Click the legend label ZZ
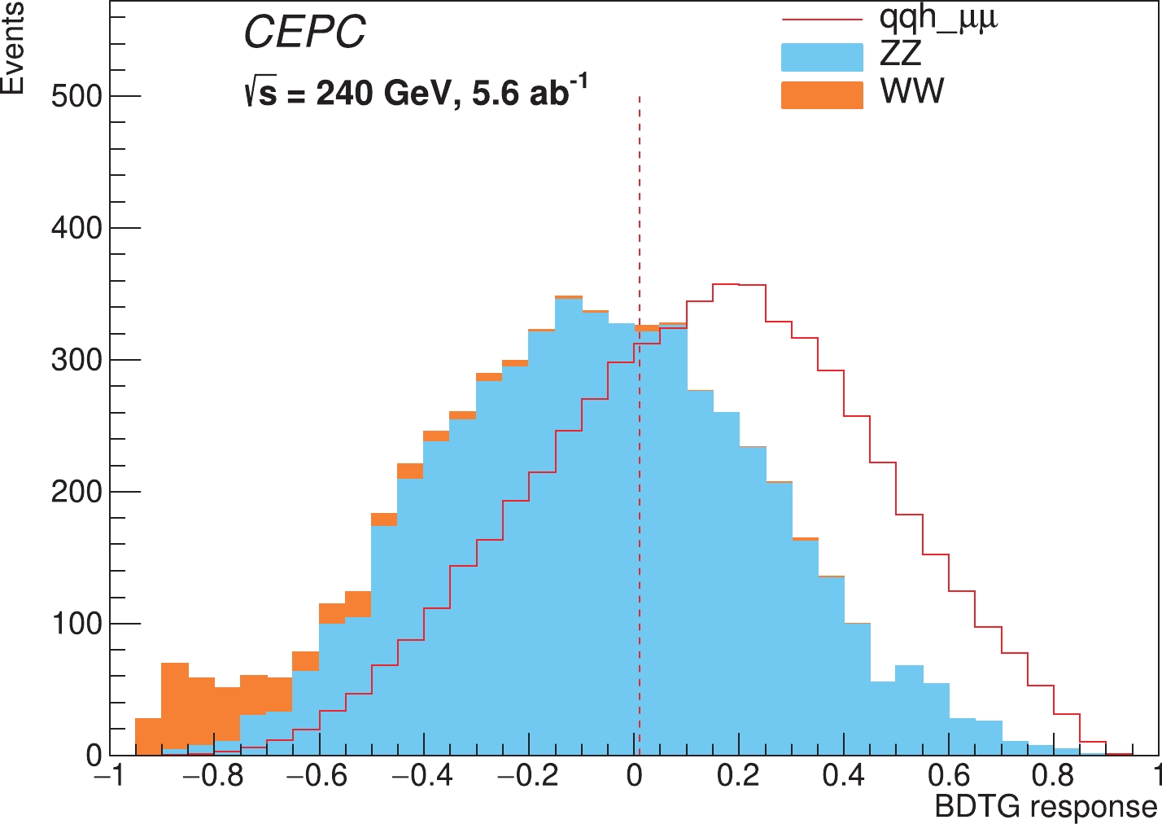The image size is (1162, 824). point(901,54)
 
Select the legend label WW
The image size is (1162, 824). point(912,91)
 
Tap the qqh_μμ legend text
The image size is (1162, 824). point(938,17)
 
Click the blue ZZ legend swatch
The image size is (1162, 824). point(822,57)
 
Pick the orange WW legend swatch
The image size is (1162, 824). point(822,94)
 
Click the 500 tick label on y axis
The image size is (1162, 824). point(76,97)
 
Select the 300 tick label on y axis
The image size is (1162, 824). point(76,361)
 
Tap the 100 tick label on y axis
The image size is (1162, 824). point(76,625)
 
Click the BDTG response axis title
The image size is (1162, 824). point(1046,807)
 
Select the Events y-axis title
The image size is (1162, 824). point(13,49)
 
